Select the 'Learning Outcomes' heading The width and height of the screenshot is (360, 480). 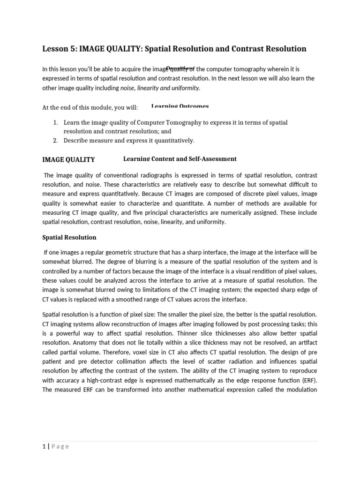(x=180, y=107)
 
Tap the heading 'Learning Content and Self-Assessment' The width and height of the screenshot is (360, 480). (x=180, y=159)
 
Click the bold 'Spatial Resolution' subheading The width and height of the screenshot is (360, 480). (x=69, y=237)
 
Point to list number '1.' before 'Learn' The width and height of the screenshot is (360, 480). (x=55, y=122)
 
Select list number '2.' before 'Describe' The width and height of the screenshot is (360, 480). (x=55, y=140)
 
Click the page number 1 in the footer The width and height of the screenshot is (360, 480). (x=44, y=446)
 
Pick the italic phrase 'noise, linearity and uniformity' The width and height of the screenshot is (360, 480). (x=160, y=88)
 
